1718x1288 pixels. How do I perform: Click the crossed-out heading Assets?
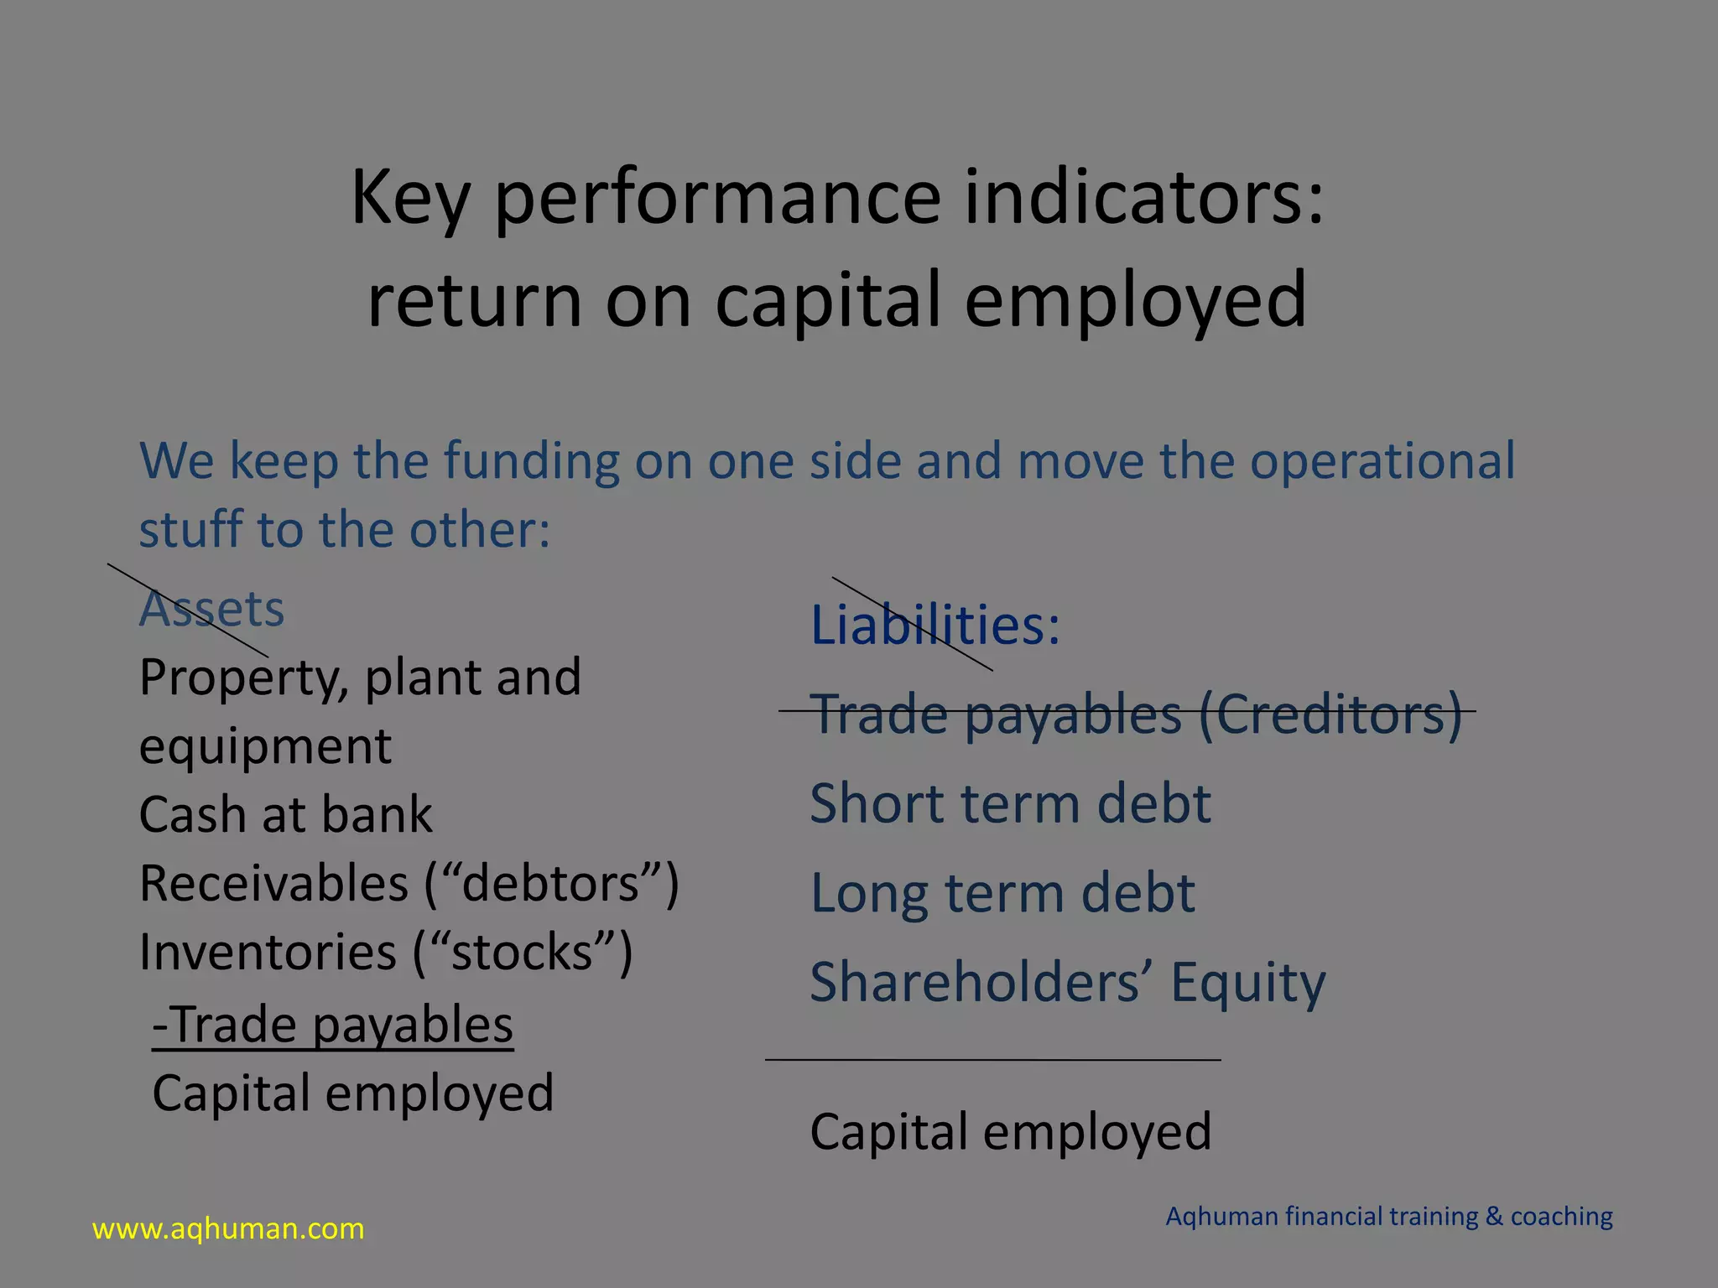(211, 609)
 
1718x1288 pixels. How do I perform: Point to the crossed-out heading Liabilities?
(934, 626)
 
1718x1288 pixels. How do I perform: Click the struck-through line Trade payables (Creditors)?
(1136, 714)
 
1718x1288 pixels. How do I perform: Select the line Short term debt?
(1010, 803)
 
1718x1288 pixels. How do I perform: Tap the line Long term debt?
(1002, 893)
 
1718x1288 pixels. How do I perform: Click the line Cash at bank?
(285, 815)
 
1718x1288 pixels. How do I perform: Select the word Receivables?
(273, 884)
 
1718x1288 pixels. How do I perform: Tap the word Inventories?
(267, 953)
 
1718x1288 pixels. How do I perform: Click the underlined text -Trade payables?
(333, 1025)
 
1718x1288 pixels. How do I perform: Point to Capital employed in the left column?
(352, 1093)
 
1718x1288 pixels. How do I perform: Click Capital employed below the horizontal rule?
(1010, 1132)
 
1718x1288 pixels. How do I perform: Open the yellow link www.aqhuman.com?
(228, 1229)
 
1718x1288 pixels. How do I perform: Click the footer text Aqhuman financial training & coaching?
(1389, 1217)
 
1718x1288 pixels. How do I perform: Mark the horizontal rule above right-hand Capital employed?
(993, 1060)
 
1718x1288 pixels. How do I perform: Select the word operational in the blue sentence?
(1382, 461)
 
